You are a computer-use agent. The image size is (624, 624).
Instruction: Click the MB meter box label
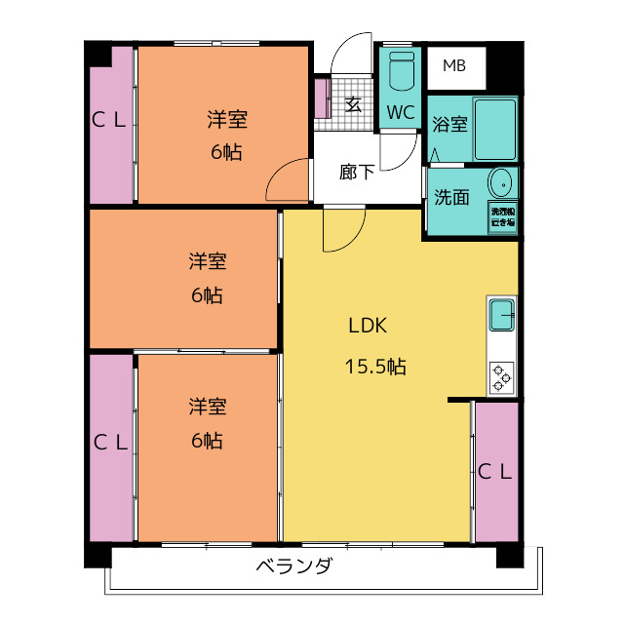pos(454,66)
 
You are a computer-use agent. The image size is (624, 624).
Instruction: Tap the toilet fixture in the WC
pos(400,73)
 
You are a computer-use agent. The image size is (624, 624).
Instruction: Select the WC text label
pos(400,112)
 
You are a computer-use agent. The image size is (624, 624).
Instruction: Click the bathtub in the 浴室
pos(496,131)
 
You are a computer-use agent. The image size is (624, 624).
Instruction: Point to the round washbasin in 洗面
pos(501,182)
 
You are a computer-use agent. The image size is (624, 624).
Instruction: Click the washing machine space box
pos(503,216)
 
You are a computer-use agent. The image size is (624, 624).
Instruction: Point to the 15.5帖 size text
pos(375,368)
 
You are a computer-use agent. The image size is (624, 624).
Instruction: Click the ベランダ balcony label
pos(293,566)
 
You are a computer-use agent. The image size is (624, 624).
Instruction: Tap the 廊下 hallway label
pos(357,173)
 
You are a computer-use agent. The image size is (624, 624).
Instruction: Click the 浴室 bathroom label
pos(449,125)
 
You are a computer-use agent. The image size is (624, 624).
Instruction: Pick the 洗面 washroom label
pos(451,197)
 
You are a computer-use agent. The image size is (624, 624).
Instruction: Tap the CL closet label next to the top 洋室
pos(109,120)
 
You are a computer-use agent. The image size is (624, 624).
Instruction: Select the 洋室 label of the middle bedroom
pos(208,261)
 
